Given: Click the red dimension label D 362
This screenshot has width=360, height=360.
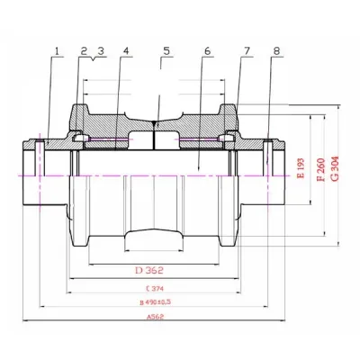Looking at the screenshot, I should point(152,269).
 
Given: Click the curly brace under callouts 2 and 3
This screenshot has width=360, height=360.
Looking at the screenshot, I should point(92,59).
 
